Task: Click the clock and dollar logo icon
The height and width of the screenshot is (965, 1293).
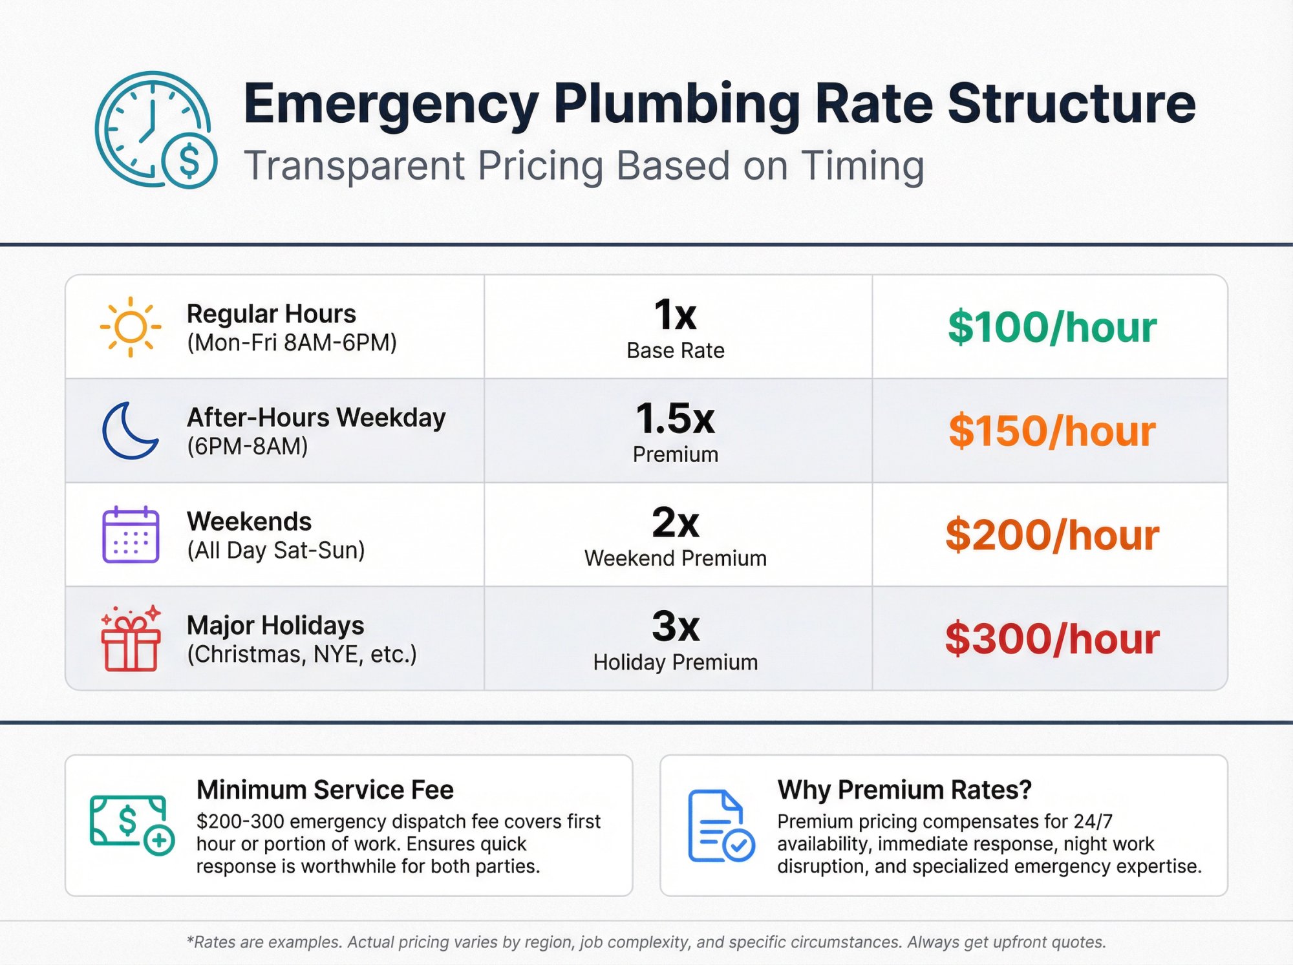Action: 156,130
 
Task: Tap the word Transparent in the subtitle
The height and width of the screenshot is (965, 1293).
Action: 354,165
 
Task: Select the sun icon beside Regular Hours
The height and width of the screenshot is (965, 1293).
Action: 131,327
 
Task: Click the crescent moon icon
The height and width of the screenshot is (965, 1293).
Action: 129,430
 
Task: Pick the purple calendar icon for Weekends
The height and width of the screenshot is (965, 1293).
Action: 131,535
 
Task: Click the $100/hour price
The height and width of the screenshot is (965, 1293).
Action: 1052,327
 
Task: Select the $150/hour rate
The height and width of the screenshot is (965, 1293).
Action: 1052,431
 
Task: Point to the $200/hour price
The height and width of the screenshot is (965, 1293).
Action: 1052,535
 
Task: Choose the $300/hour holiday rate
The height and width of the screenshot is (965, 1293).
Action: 1052,639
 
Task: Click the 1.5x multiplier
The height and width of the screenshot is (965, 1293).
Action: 675,418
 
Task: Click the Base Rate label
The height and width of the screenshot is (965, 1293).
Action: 675,350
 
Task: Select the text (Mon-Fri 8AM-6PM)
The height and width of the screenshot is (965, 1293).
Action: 292,343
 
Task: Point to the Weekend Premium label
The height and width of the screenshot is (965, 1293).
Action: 675,558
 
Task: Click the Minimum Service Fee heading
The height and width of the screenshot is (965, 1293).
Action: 325,790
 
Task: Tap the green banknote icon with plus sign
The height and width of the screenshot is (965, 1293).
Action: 131,825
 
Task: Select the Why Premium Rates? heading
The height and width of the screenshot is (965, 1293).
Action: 904,790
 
